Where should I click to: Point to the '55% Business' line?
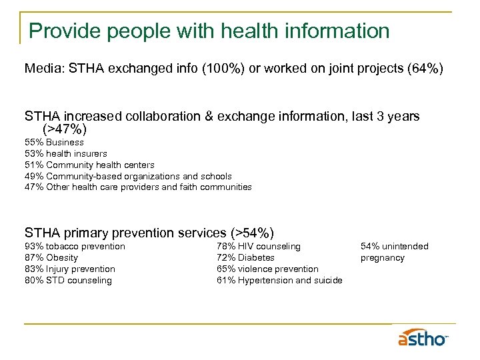54,142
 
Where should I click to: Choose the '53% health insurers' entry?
65,153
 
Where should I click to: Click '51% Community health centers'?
89,165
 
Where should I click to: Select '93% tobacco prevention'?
75,247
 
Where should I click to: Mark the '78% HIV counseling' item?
259,247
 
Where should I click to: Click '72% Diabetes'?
245,258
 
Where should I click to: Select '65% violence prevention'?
267,269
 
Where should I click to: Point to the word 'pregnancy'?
383,258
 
